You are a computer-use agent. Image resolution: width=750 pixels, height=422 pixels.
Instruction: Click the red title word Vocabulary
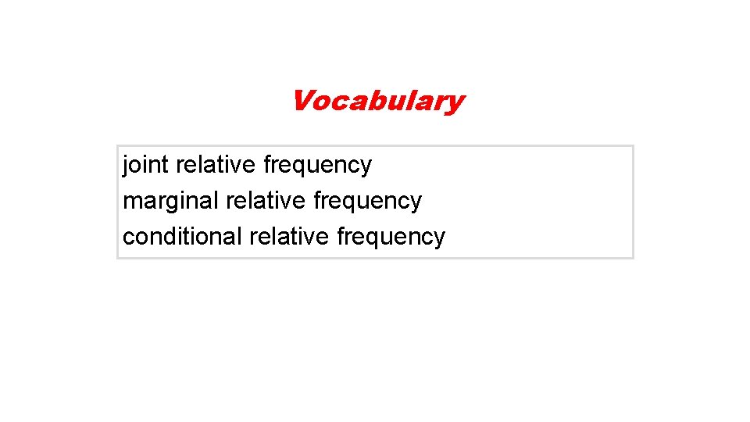pos(377,101)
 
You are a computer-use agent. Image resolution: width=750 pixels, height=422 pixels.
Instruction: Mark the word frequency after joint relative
pos(318,166)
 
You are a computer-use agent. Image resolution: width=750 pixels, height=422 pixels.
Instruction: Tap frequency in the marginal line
pos(367,202)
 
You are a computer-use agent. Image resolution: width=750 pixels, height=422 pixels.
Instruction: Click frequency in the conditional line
pos(391,237)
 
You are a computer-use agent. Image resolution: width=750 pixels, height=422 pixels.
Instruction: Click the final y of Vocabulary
pos(455,103)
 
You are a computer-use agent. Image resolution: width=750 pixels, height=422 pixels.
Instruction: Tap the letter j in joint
pos(126,166)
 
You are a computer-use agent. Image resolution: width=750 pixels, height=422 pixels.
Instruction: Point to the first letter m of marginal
pos(131,202)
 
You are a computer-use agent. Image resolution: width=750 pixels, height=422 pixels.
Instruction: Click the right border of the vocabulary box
pos(633,202)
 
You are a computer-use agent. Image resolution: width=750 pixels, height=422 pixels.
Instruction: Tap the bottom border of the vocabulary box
pos(375,257)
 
